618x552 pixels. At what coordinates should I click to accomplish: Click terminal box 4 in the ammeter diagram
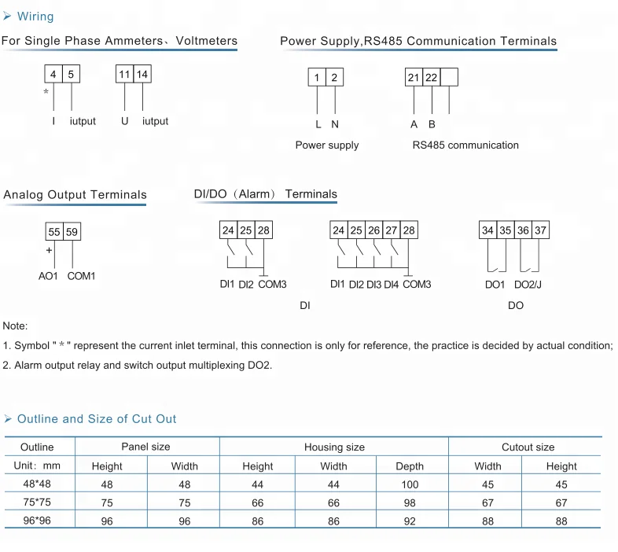coord(53,75)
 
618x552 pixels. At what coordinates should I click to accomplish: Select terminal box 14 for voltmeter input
coord(142,75)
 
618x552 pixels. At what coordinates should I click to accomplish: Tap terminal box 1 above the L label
coord(317,77)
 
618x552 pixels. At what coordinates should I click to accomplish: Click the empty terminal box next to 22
coord(449,77)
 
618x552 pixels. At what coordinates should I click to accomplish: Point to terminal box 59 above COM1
coord(72,232)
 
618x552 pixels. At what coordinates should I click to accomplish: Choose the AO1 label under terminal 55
coord(49,276)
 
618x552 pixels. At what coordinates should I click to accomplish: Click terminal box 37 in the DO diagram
coord(540,230)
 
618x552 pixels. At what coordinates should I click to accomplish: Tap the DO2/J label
coord(528,285)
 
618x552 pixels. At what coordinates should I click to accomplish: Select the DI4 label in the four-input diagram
coord(392,285)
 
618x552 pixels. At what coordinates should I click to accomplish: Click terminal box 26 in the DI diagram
coord(373,230)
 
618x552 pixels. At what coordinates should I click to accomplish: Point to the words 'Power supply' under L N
coord(326,145)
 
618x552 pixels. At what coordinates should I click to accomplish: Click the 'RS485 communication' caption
coord(465,145)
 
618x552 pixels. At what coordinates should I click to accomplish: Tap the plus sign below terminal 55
coord(49,251)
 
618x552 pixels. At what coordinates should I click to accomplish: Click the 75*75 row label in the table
coord(37,502)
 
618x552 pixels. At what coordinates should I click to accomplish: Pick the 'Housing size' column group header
coord(334,447)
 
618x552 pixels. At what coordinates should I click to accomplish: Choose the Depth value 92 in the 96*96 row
coord(409,521)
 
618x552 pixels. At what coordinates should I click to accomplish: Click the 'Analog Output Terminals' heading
coord(75,195)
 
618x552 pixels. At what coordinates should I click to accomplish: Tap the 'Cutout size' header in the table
coord(528,447)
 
